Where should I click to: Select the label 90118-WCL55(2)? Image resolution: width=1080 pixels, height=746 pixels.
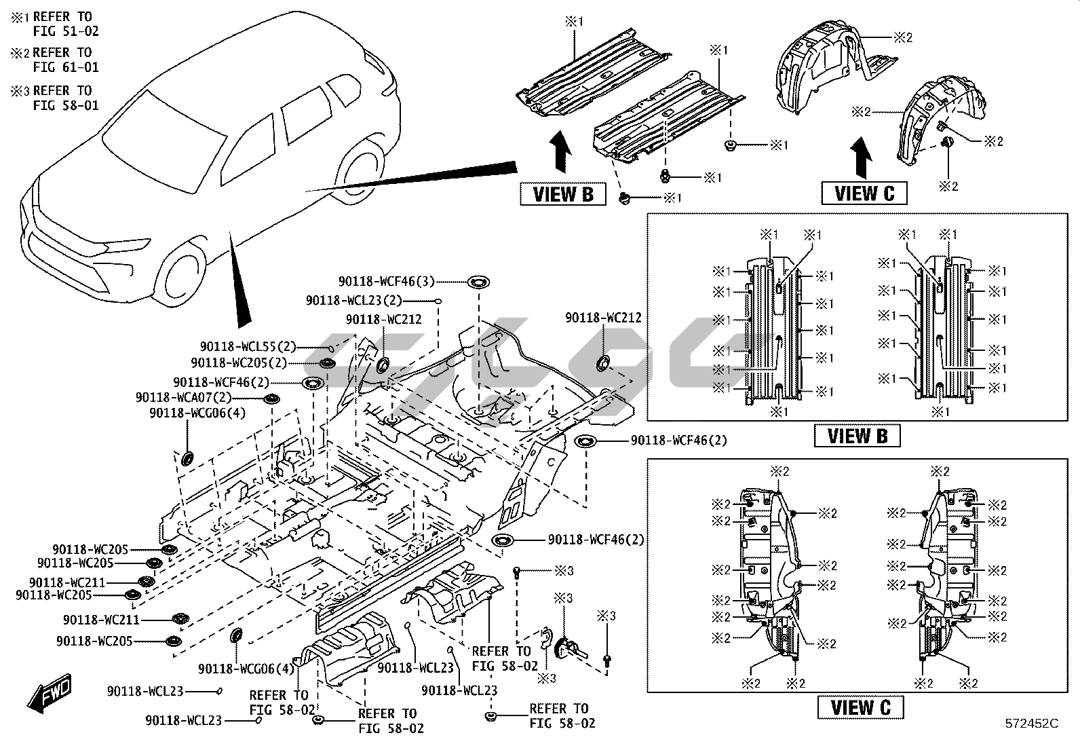coord(248,347)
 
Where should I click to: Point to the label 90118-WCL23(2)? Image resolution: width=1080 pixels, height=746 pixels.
coord(353,300)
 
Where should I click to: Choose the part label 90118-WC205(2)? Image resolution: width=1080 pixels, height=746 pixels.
coord(239,363)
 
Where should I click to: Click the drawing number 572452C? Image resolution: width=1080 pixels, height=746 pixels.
coord(1032,724)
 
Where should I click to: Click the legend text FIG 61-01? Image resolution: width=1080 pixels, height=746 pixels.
coord(66,67)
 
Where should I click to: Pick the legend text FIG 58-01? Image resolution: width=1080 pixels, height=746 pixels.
coord(66,105)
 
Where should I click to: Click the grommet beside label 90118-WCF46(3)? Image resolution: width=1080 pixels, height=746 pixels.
coord(478,282)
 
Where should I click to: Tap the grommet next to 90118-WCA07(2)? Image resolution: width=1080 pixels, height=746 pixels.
coord(271,398)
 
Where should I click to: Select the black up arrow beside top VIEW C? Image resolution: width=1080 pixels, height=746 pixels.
coord(862,157)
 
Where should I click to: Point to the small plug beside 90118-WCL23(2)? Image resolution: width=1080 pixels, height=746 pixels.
coord(439,300)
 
